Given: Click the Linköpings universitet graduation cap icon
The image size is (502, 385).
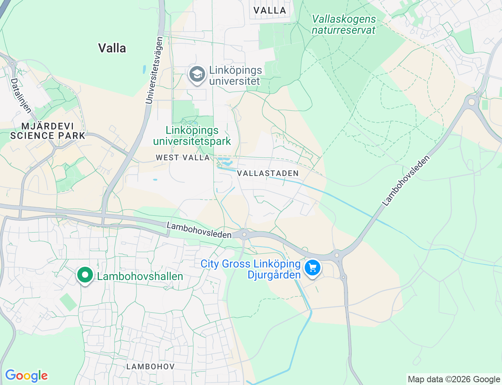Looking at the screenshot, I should pyautogui.click(x=197, y=74).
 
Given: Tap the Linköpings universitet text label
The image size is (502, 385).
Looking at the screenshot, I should pyautogui.click(x=235, y=76).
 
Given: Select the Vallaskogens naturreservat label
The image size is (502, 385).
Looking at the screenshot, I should pyautogui.click(x=344, y=24).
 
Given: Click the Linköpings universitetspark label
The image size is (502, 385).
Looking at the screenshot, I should pyautogui.click(x=192, y=136).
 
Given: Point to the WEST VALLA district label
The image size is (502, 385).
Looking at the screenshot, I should pyautogui.click(x=183, y=158).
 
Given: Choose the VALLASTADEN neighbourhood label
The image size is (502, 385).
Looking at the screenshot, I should pyautogui.click(x=268, y=173).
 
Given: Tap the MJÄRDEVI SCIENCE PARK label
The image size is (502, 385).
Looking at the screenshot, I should pyautogui.click(x=47, y=131).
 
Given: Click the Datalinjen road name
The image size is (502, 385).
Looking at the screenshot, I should pyautogui.click(x=21, y=95).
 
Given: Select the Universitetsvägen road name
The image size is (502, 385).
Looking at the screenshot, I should pyautogui.click(x=154, y=70).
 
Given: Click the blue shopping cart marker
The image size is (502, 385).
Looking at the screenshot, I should pyautogui.click(x=313, y=268).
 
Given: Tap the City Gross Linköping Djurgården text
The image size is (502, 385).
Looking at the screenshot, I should pyautogui.click(x=251, y=269).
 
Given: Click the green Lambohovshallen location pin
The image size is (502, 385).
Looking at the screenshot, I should pyautogui.click(x=85, y=275).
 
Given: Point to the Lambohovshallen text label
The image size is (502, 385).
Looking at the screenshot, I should pyautogui.click(x=140, y=277).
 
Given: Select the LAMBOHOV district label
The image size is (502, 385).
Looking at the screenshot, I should pyautogui.click(x=151, y=367).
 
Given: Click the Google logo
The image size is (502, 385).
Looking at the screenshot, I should pyautogui.click(x=26, y=376).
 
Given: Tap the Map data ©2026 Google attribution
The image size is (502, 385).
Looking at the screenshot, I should pyautogui.click(x=454, y=379).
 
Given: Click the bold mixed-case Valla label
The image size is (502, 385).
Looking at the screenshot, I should pyautogui.click(x=112, y=48).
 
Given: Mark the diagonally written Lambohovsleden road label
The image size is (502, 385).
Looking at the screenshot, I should pyautogui.click(x=406, y=181).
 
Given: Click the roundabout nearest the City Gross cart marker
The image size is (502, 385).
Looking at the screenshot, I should pyautogui.click(x=337, y=256).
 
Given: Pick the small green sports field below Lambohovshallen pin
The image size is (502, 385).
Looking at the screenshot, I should pyautogui.click(x=68, y=302).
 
